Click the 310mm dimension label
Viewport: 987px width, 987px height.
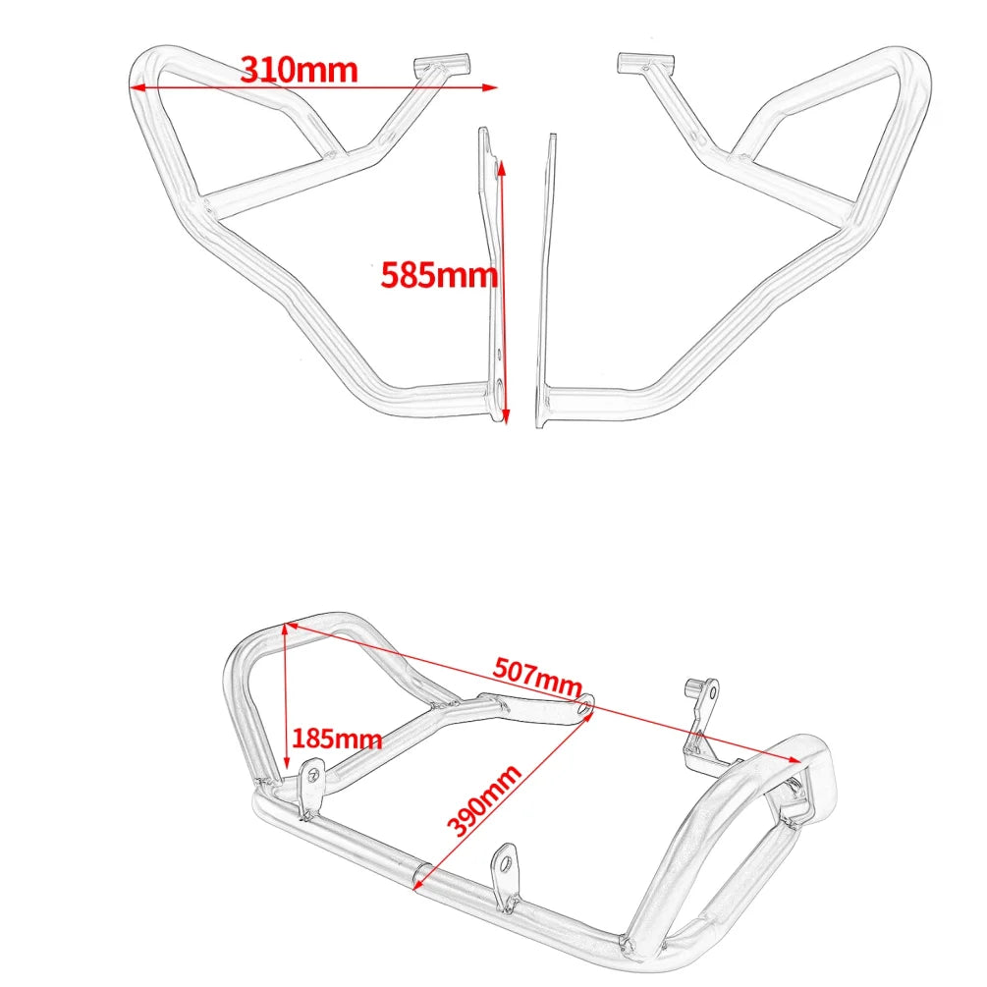click(x=300, y=69)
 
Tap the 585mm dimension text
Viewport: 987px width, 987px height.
click(x=439, y=274)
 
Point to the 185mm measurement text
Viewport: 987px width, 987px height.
click(x=337, y=738)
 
